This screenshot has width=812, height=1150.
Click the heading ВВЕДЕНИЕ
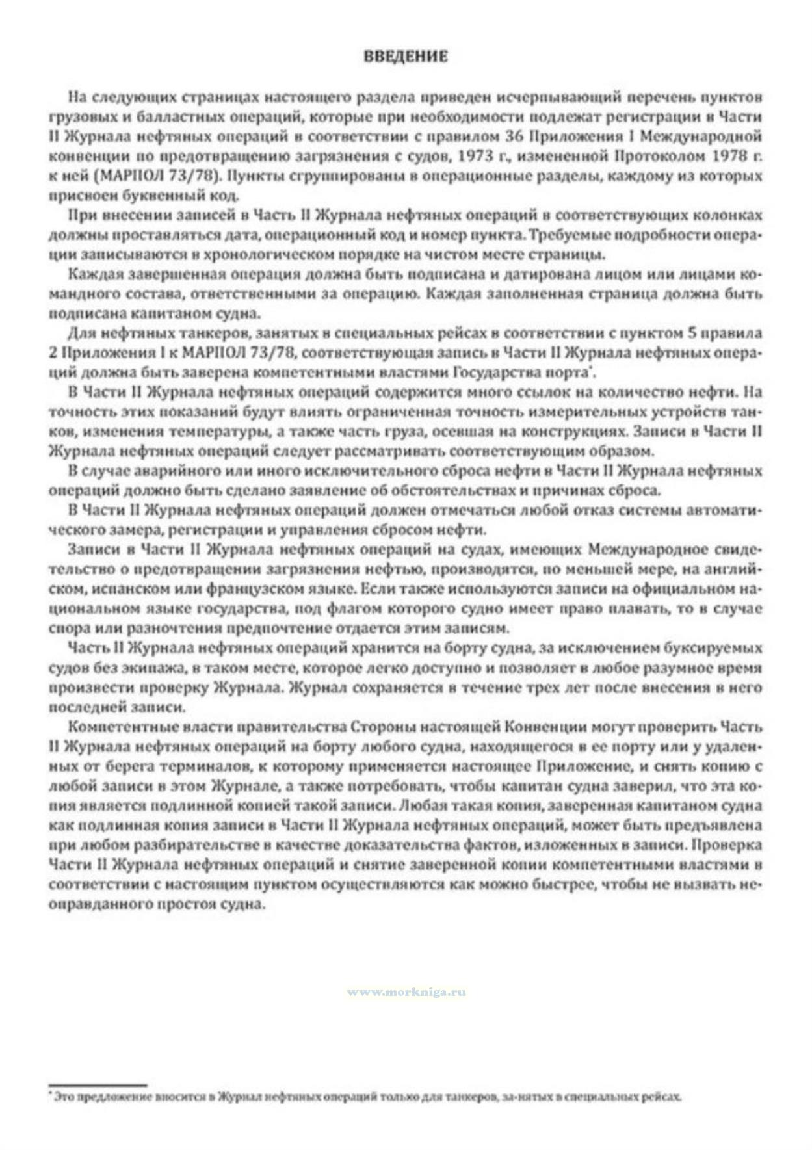click(405, 57)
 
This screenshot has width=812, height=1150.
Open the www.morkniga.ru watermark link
click(406, 992)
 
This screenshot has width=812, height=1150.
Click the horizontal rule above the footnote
click(98, 1084)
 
